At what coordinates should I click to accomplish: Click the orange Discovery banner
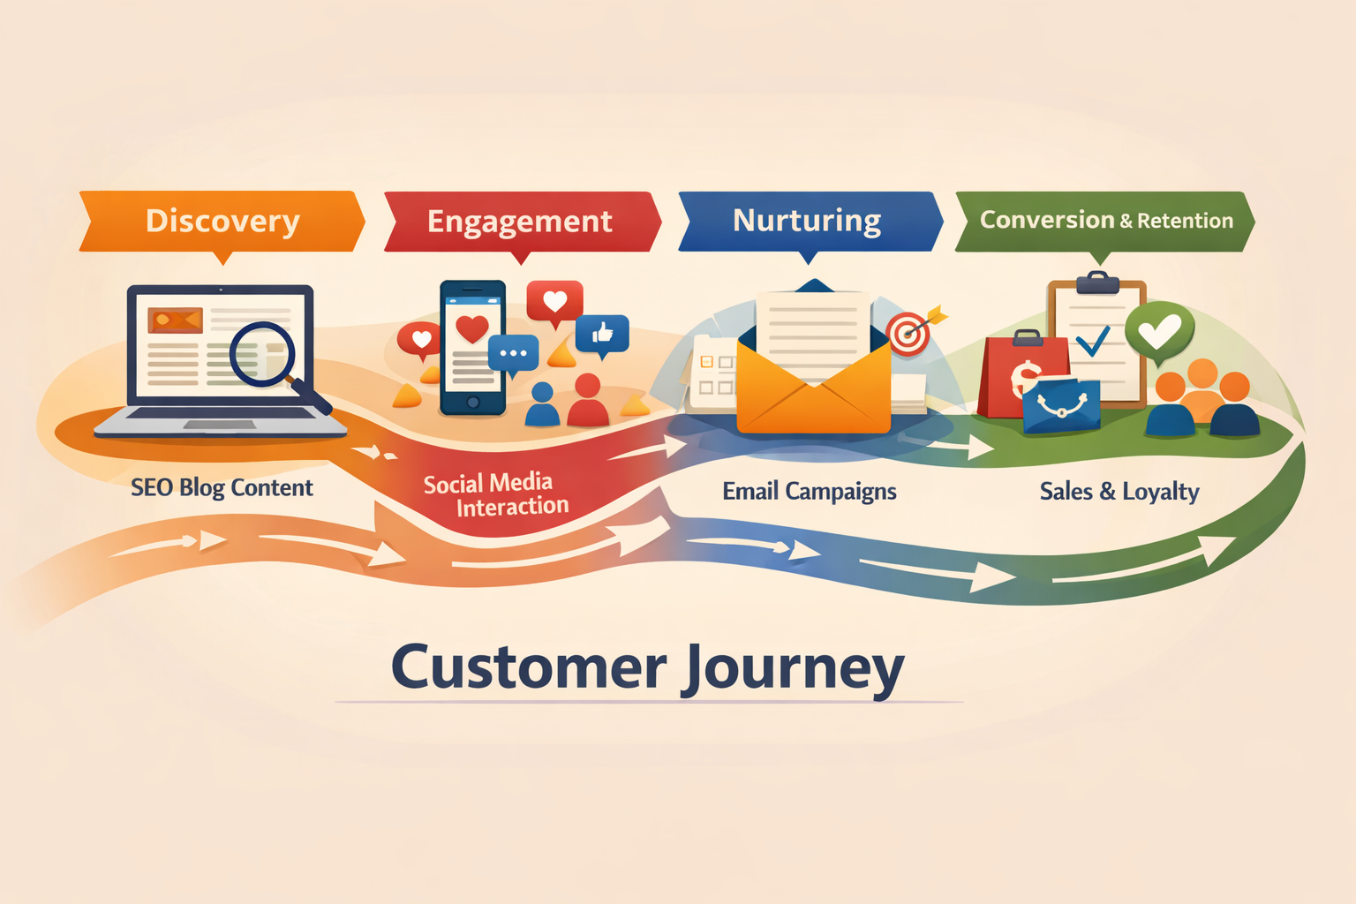click(x=222, y=221)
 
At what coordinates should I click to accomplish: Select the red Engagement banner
click(x=522, y=222)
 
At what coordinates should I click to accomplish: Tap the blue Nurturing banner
click(x=810, y=221)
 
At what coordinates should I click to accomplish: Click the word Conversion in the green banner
click(x=1047, y=220)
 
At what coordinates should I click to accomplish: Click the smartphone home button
click(x=473, y=402)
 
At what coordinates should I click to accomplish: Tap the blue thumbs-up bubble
click(x=602, y=335)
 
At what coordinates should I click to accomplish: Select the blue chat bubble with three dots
click(x=513, y=354)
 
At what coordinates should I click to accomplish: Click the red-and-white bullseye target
click(x=908, y=334)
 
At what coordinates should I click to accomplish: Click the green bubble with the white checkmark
click(x=1159, y=333)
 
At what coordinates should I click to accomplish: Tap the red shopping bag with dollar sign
click(x=1021, y=373)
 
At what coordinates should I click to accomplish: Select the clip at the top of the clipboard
click(x=1097, y=283)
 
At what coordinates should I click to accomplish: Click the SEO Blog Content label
click(x=222, y=488)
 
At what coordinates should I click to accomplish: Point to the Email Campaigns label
click(x=810, y=492)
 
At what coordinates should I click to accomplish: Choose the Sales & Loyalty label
click(x=1119, y=492)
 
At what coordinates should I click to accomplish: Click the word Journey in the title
click(x=793, y=668)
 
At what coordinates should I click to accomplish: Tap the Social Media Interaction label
click(x=495, y=494)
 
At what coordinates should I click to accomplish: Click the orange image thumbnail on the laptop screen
click(x=175, y=320)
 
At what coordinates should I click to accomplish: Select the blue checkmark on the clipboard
click(x=1093, y=341)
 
